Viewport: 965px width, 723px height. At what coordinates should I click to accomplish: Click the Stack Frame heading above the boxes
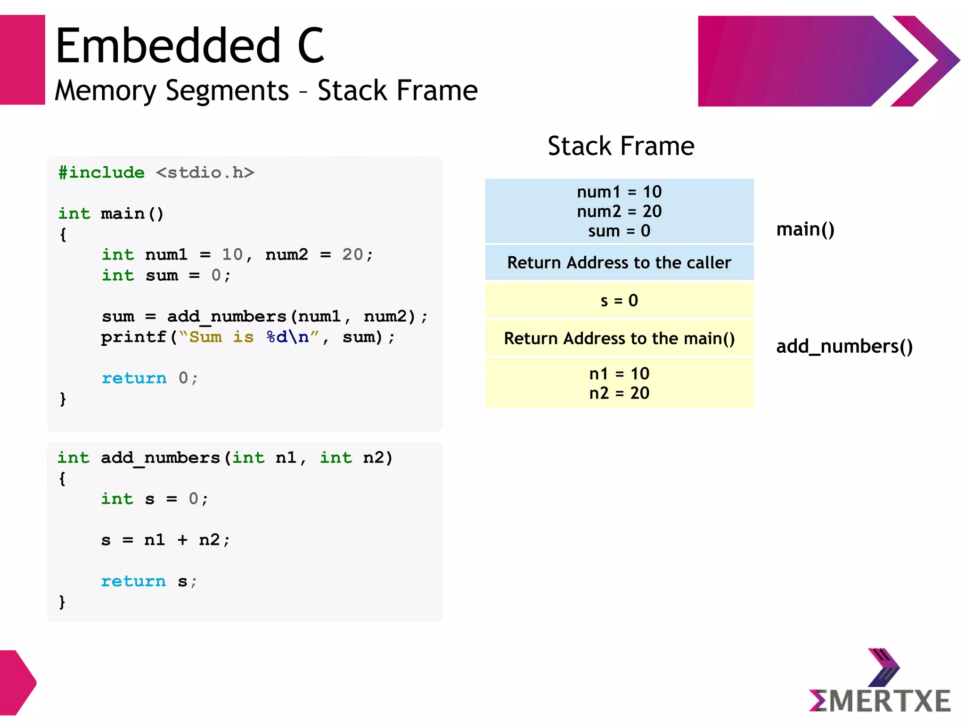(x=621, y=146)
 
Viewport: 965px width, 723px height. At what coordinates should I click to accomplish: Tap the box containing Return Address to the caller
(x=619, y=262)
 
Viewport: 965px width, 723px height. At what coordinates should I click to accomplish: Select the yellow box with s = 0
(x=619, y=301)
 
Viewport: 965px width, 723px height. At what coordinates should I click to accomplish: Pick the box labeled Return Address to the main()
(x=619, y=338)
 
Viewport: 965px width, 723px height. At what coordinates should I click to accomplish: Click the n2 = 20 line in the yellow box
(x=619, y=393)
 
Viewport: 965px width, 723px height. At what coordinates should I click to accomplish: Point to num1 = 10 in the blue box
(x=619, y=192)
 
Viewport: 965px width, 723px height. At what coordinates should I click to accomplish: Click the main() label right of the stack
(x=805, y=229)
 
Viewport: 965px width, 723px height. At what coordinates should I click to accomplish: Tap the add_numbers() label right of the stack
(x=844, y=346)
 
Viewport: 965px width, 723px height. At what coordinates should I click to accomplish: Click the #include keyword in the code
(x=101, y=172)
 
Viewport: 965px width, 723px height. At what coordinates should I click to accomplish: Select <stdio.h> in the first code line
(x=205, y=172)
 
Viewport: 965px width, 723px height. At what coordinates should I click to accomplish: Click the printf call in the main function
(x=134, y=337)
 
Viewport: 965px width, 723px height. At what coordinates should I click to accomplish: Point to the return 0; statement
(x=150, y=378)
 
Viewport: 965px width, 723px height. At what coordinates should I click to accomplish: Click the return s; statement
(x=149, y=581)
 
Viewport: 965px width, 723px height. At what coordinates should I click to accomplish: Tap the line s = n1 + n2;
(x=165, y=540)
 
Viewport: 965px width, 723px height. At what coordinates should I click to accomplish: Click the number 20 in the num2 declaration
(x=352, y=254)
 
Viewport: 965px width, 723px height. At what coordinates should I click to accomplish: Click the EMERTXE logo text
(x=879, y=701)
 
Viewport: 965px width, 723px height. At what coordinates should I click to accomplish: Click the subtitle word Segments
(x=227, y=90)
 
